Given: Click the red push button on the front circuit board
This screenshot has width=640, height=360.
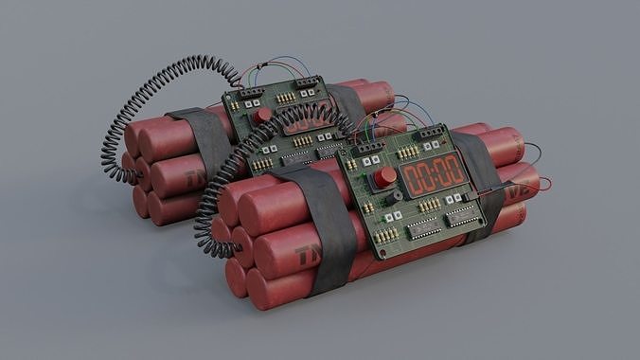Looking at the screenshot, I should (x=385, y=177).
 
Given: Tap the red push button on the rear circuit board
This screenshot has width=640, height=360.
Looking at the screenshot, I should (x=263, y=114).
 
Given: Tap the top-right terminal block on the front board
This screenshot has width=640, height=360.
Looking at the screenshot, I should (x=432, y=134).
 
